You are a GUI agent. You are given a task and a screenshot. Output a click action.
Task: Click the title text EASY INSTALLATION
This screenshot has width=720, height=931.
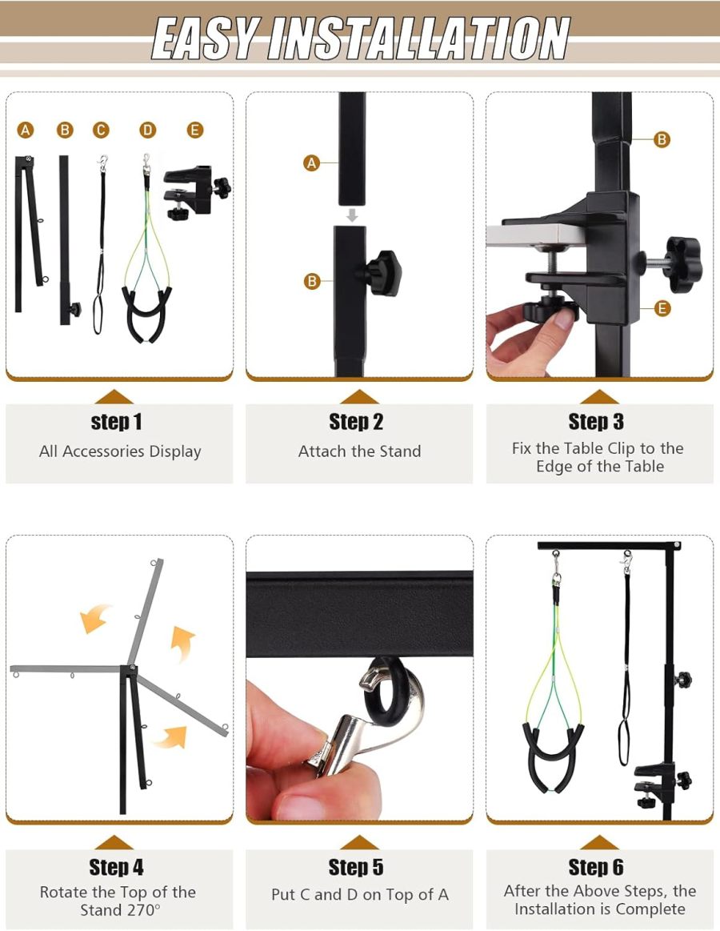coord(360,38)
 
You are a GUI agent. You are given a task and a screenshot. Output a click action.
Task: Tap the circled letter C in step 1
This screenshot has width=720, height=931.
coord(100,130)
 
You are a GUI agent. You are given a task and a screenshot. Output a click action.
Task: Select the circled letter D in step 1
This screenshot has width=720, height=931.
coord(147,130)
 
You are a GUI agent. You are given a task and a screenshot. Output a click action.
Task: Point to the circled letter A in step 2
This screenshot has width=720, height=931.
coord(311,163)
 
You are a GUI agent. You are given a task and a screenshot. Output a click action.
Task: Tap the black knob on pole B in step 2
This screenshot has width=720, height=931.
coord(382,272)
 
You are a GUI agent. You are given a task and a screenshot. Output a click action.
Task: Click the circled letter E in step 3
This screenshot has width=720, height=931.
coord(662,308)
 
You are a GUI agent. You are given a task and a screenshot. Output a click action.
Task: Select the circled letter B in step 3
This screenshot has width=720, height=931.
coord(662,139)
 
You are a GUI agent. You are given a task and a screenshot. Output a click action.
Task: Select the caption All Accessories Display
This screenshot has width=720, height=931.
coord(120,451)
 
